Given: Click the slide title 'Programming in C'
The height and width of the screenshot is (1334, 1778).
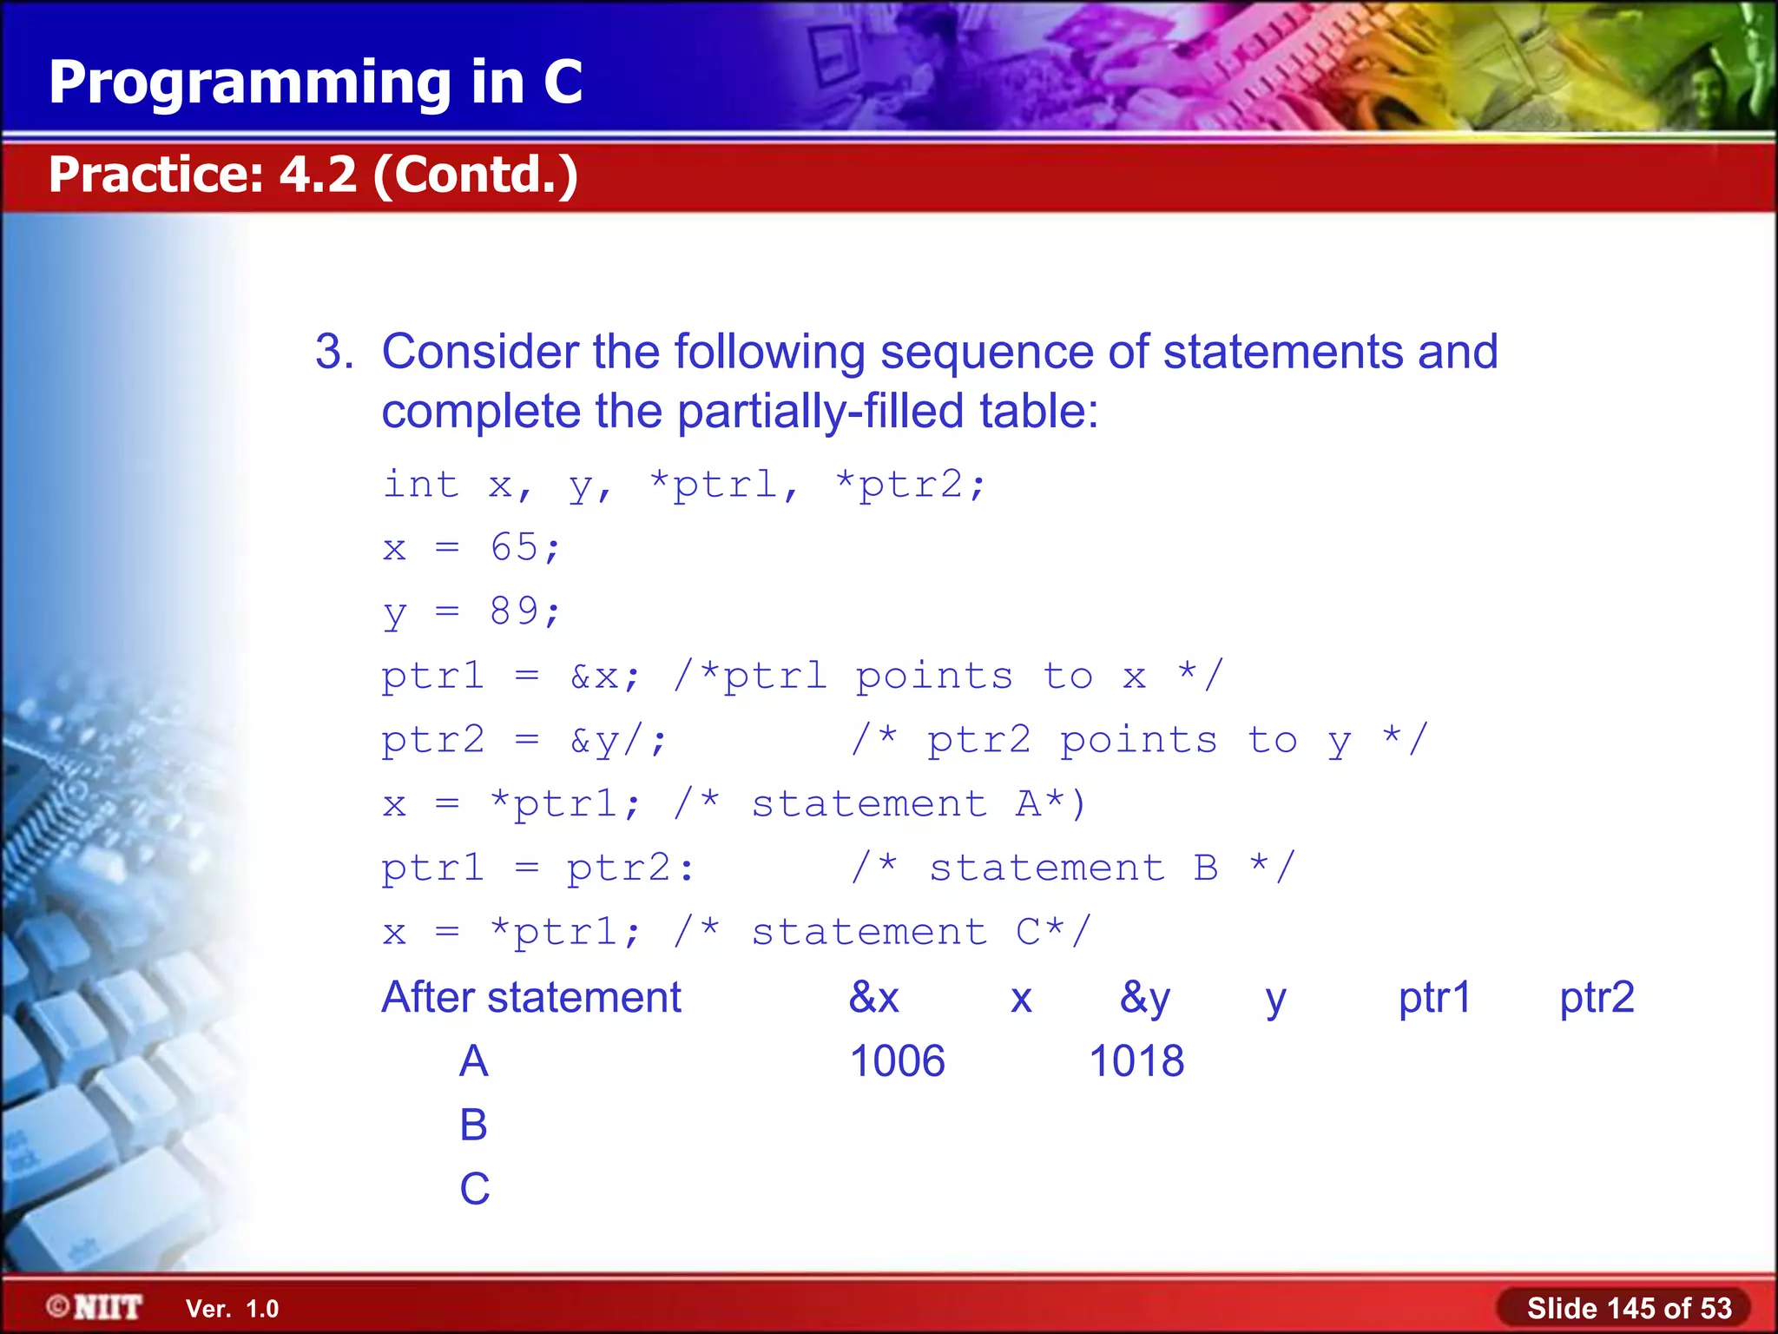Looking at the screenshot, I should [315, 83].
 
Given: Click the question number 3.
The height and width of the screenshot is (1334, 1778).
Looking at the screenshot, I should [333, 352].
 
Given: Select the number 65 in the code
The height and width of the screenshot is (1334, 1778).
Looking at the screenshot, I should [514, 548].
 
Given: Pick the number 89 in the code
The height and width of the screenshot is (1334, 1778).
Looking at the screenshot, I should [514, 611].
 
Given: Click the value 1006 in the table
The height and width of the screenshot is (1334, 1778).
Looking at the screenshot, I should [897, 1061].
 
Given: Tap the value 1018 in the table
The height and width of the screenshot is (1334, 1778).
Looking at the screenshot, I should [1136, 1061].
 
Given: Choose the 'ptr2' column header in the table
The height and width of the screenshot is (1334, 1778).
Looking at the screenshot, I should [1597, 997].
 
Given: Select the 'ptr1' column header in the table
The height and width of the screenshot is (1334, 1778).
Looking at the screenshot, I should [1434, 997].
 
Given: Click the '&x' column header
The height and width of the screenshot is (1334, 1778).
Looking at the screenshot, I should [874, 997].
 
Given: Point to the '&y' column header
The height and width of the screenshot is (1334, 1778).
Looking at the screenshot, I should [1144, 997].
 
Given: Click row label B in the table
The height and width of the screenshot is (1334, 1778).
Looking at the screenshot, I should [473, 1125].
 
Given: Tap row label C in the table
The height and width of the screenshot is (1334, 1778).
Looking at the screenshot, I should [474, 1188].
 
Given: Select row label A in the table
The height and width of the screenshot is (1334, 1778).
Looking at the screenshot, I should [473, 1061].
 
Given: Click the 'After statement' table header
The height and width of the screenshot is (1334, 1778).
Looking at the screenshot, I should [531, 997].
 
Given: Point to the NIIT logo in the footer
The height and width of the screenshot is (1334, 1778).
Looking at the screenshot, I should [95, 1307].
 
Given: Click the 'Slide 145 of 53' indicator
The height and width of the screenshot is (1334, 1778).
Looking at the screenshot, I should [1629, 1308].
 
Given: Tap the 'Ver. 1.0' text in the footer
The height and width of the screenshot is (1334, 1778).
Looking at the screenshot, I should [232, 1309].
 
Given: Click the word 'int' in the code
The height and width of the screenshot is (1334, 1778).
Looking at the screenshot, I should [421, 484].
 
